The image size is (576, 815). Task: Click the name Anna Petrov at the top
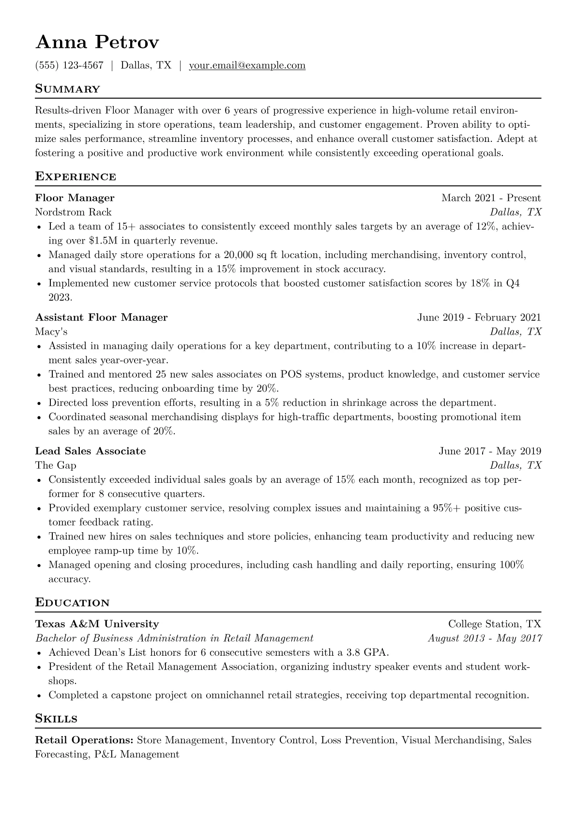tap(97, 43)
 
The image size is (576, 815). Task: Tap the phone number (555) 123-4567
tap(69, 65)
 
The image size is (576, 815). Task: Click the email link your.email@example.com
tap(247, 65)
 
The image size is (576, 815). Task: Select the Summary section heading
tap(67, 89)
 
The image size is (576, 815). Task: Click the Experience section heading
tap(76, 177)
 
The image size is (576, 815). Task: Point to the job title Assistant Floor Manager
tap(101, 318)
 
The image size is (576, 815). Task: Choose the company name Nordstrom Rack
tap(73, 212)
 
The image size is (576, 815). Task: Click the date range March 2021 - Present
tap(491, 198)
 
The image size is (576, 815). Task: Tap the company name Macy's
tap(51, 332)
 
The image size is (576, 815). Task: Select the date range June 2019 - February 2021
tap(479, 318)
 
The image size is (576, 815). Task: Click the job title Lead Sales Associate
tap(90, 451)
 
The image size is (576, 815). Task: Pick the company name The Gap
tap(56, 465)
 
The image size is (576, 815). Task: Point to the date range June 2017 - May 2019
tap(490, 451)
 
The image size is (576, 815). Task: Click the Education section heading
tap(72, 603)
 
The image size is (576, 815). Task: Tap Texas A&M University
tap(97, 624)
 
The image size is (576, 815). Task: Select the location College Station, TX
tap(494, 624)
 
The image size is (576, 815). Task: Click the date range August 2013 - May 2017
tap(485, 638)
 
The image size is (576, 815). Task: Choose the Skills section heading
tap(56, 719)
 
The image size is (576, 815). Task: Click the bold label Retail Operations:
tap(84, 740)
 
